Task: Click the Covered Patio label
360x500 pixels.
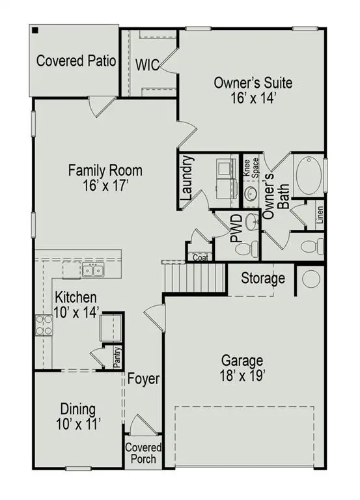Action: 76,61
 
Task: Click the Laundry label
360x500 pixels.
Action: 187,177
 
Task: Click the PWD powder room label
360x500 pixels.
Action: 237,229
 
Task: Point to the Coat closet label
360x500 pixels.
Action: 200,257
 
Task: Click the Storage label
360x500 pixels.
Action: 263,279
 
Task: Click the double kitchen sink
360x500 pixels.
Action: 92,270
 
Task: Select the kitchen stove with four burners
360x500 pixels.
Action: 44,324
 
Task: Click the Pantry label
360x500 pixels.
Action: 117,359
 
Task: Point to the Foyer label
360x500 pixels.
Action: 143,379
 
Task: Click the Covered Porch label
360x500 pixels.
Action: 143,453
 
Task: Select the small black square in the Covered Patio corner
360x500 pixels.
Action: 35,30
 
